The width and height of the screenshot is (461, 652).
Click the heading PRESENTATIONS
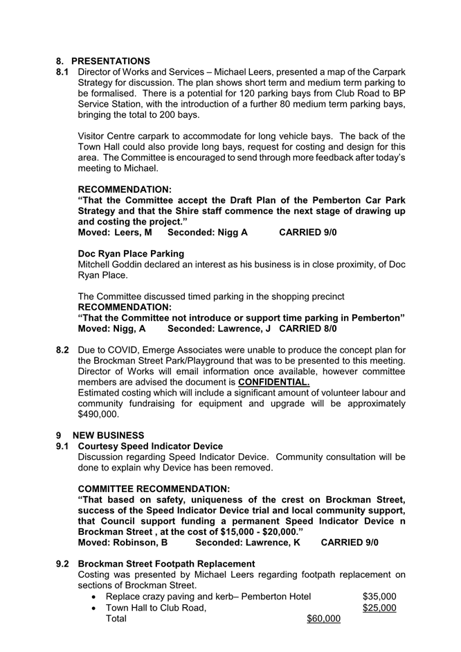pos(110,61)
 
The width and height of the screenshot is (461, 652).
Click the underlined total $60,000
pos(323,619)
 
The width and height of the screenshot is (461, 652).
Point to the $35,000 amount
pos(379,597)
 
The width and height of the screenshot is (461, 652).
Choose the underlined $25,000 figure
pos(379,608)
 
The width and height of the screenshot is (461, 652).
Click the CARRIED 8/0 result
pos(308,328)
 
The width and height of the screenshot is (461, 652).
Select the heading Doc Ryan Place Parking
pos(131,254)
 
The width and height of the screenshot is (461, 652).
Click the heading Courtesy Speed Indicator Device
pos(150,446)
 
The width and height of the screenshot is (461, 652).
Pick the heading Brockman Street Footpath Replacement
pos(166,563)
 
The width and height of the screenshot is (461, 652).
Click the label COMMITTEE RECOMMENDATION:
pos(154,488)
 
